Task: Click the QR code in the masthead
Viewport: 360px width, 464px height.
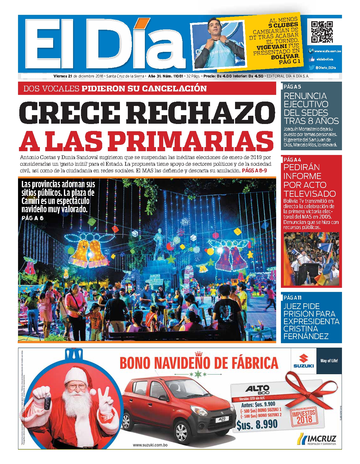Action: (x=322, y=32)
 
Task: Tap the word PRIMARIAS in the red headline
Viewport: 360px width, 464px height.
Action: (x=189, y=141)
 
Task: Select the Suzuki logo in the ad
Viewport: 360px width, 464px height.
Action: (x=303, y=361)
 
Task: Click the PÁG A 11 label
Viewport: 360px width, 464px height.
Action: (x=292, y=297)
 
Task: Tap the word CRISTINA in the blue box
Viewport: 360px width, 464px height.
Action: (x=301, y=329)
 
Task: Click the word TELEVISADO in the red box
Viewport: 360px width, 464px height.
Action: (x=309, y=194)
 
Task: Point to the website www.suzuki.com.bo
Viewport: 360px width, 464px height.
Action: (x=150, y=445)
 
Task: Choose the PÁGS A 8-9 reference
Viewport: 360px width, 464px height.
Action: (x=254, y=170)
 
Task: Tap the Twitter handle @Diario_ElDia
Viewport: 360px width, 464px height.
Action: (x=326, y=68)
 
